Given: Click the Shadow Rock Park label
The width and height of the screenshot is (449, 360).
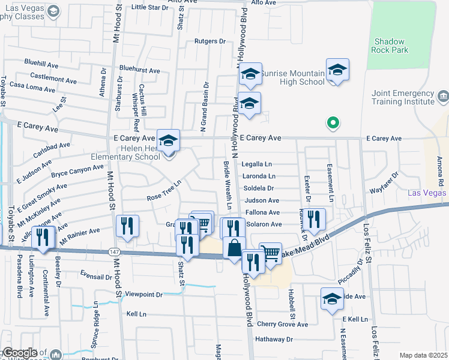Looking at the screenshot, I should click(391, 46).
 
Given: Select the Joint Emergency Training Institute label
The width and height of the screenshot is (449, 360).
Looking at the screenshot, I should click(403, 97).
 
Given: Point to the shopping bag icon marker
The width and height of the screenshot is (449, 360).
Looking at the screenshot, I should click(234, 248).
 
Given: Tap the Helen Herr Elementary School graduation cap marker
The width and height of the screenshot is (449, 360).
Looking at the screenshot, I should click(169, 140).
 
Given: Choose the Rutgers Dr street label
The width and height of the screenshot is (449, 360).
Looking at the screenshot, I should click(209, 41).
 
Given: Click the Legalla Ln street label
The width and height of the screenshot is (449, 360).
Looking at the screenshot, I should click(257, 164).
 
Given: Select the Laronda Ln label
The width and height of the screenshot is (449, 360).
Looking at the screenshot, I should click(259, 176).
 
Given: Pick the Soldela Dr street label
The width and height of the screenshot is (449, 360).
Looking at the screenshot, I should click(259, 188).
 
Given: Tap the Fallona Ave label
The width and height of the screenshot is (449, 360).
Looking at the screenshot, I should click(262, 212).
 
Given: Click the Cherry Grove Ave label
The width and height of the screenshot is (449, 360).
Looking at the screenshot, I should click(282, 325).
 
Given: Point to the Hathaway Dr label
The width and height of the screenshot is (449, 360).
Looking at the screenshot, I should click(273, 339).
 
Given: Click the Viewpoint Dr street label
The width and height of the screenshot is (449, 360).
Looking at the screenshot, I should click(144, 295).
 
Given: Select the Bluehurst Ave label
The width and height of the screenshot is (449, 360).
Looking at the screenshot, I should click(139, 70).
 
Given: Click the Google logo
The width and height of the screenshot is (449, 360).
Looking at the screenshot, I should click(20, 353).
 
